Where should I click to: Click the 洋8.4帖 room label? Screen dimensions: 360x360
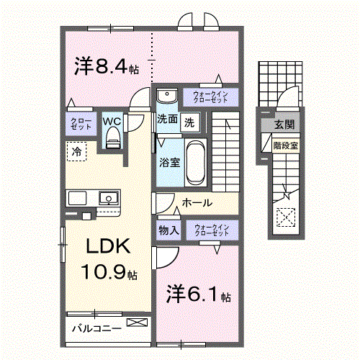point(106,66)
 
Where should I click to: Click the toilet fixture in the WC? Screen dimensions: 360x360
point(112,141)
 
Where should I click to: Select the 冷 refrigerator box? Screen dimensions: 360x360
point(75,151)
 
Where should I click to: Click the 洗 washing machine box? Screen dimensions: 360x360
point(189,121)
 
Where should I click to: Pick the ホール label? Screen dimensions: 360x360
point(197,203)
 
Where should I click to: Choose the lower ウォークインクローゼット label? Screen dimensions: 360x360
point(211,230)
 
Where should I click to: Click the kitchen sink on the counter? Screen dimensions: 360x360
point(108,197)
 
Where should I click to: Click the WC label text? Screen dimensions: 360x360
point(111,121)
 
